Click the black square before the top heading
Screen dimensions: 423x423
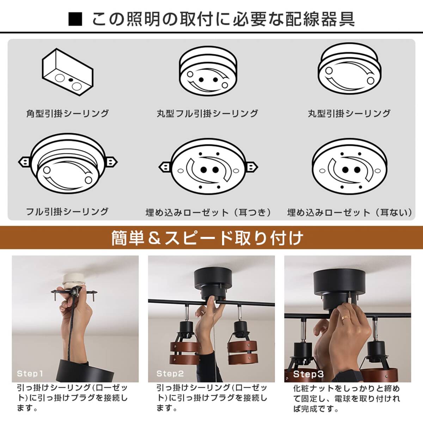[x=75, y=19]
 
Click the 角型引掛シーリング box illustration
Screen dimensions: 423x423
[x=68, y=72]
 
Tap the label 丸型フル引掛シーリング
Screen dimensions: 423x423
[x=207, y=114]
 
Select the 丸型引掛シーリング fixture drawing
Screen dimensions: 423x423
[x=350, y=69]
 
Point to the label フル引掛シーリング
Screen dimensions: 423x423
[x=67, y=211]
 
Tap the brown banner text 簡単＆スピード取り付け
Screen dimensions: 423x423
[x=207, y=238]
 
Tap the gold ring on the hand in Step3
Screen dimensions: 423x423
[x=345, y=319]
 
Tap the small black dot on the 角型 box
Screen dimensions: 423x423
[x=71, y=80]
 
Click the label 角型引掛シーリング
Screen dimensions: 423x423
[x=68, y=114]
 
